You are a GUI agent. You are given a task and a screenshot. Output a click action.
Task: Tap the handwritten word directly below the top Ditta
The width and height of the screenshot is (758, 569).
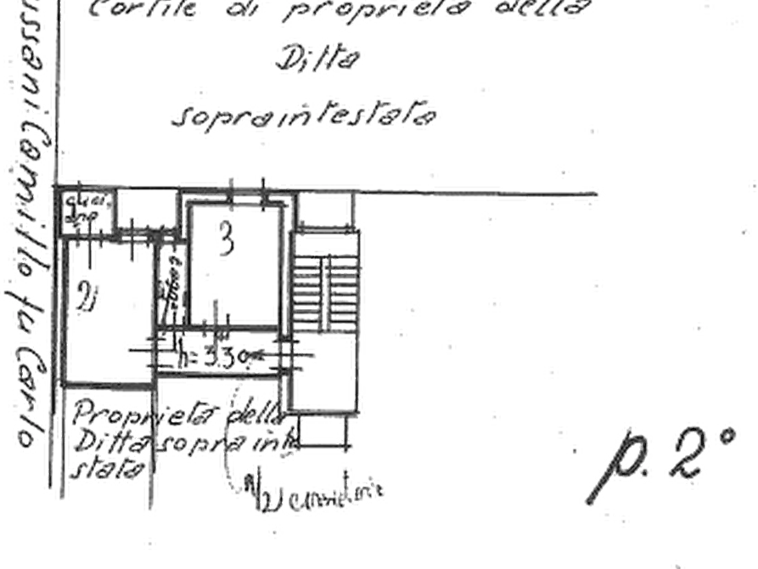point(306,115)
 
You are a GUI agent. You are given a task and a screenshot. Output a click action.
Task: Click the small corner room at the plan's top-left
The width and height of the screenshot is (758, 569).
point(85,209)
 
